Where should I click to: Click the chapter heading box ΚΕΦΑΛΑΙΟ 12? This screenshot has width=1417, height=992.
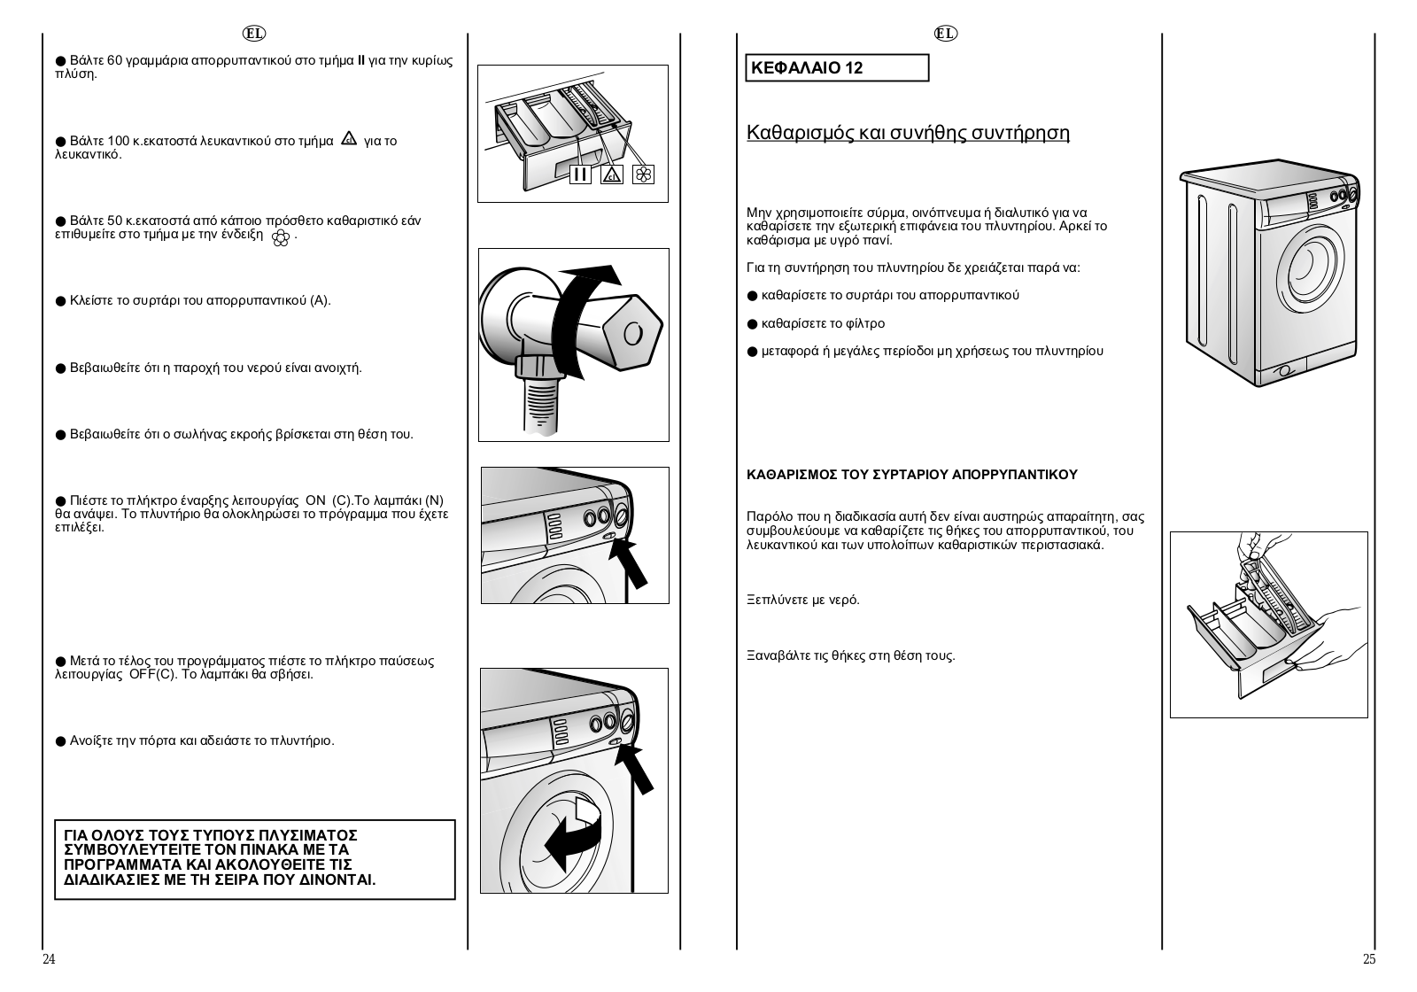point(837,67)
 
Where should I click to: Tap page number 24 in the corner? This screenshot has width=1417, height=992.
point(49,959)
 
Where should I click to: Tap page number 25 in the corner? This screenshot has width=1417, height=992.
point(1369,959)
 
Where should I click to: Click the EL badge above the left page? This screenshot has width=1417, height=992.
point(254,34)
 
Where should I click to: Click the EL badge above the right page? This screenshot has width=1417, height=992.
point(946,34)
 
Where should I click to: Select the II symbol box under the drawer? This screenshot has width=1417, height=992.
point(580,174)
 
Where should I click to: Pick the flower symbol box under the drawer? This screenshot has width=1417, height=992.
point(643,174)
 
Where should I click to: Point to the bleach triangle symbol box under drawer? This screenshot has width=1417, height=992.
point(612,174)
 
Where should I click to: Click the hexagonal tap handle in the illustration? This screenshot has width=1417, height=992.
point(632,332)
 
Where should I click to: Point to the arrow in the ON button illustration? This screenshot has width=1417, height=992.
point(628,563)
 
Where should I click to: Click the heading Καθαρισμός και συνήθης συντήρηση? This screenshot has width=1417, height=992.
point(908,133)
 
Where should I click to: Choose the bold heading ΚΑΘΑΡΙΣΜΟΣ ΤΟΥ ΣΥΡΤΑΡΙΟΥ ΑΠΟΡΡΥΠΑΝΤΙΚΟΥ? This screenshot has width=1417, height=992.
point(912,475)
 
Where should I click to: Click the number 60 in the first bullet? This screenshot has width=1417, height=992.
point(114,61)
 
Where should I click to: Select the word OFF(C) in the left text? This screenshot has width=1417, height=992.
point(154,674)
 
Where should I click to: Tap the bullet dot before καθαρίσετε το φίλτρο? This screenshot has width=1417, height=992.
point(752,324)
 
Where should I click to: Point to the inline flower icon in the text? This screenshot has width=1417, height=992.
point(280,238)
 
